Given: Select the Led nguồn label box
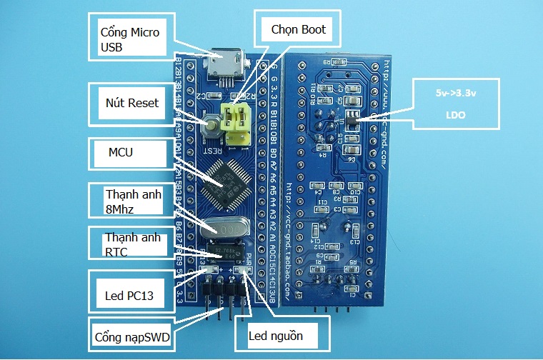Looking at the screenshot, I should pos(282,334).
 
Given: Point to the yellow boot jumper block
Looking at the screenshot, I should pos(236,120).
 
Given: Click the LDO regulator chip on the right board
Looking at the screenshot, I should pos(352,119).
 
